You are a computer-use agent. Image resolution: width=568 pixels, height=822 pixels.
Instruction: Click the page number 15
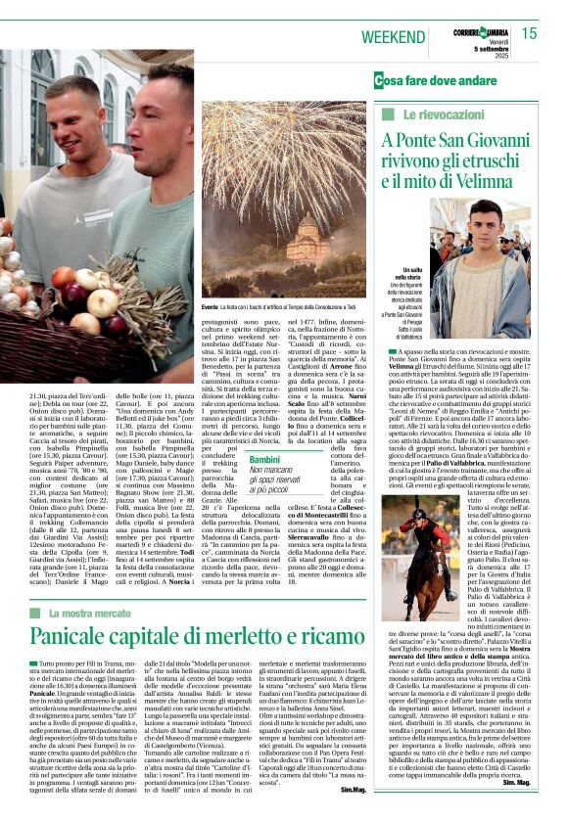coord(530,34)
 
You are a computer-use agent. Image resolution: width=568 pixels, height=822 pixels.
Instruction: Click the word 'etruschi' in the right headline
coord(509,160)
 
